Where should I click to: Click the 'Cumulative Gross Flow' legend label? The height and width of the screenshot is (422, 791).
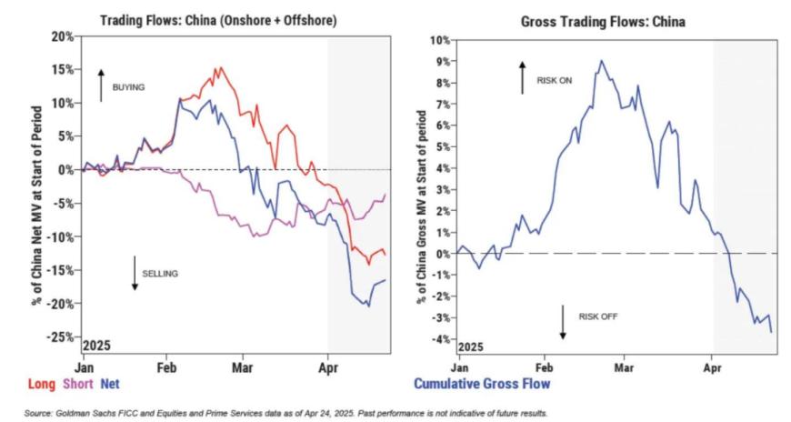[482, 385]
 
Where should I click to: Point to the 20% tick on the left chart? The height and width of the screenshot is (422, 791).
[61, 36]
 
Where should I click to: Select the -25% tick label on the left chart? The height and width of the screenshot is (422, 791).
[59, 337]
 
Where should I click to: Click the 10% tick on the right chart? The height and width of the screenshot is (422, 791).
[438, 41]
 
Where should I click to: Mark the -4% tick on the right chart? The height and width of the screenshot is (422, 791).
[440, 339]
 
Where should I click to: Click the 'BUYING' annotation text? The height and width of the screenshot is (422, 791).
[128, 87]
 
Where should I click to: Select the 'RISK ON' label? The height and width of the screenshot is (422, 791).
[552, 79]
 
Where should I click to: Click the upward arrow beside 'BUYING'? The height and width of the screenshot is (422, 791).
[102, 85]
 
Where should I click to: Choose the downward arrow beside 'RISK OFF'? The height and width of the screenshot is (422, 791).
[563, 322]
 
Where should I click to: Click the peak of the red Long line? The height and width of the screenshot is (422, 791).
[218, 67]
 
